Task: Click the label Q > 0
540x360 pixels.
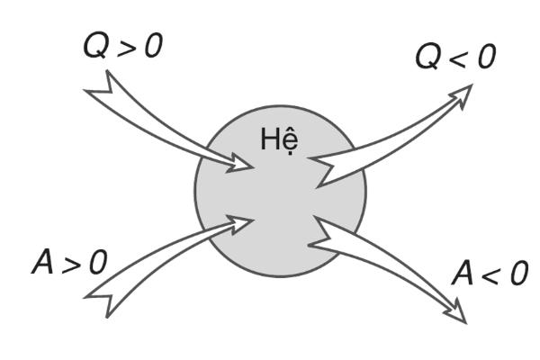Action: tap(122, 46)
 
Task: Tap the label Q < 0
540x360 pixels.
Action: tap(454, 58)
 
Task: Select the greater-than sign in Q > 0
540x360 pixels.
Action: tap(122, 48)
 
